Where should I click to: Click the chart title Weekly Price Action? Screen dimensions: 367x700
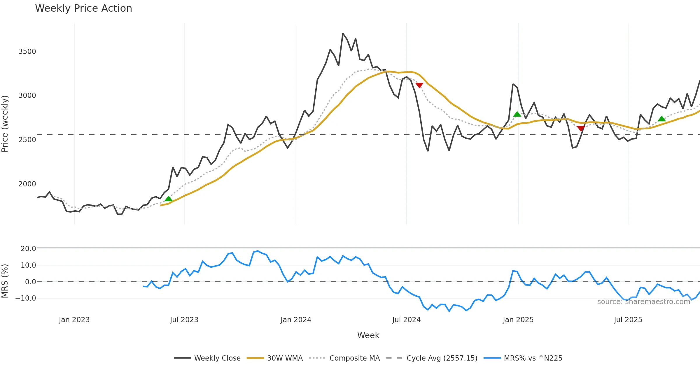pos(83,8)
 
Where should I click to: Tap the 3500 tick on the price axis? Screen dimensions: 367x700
pos(27,52)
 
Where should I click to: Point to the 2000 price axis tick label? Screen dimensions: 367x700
pos(27,184)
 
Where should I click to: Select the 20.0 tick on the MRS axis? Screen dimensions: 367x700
pos(28,249)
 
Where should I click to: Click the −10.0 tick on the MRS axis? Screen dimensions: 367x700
pos(26,298)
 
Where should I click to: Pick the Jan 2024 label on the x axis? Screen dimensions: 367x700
pos(296,320)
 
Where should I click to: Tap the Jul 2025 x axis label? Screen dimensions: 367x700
pos(628,320)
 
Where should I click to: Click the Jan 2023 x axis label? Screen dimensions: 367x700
pos(74,320)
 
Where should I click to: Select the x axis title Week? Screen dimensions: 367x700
pos(368,336)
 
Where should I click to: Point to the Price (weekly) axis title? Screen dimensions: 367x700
pos(5,124)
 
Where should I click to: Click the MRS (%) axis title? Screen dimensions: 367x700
pos(5,281)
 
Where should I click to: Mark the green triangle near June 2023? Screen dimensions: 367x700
pos(168,199)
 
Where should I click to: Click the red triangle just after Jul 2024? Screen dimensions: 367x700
pos(419,85)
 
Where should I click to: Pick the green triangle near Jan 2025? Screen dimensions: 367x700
pos(517,114)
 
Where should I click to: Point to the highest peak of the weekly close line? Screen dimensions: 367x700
pos(343,34)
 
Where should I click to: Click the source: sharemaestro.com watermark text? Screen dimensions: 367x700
pos(643,302)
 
